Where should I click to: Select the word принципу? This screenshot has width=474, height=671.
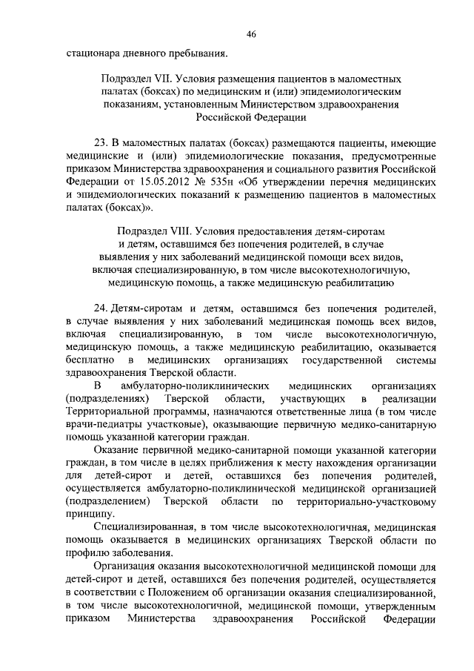pyautogui.click(x=88, y=512)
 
